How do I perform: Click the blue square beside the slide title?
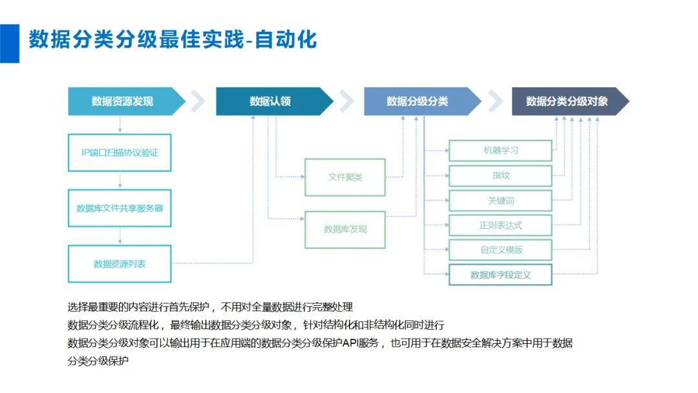tap(9, 43)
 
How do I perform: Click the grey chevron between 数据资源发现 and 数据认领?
tap(198, 101)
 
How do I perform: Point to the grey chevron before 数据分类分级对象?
tap(496, 101)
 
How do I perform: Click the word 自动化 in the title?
tap(286, 39)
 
